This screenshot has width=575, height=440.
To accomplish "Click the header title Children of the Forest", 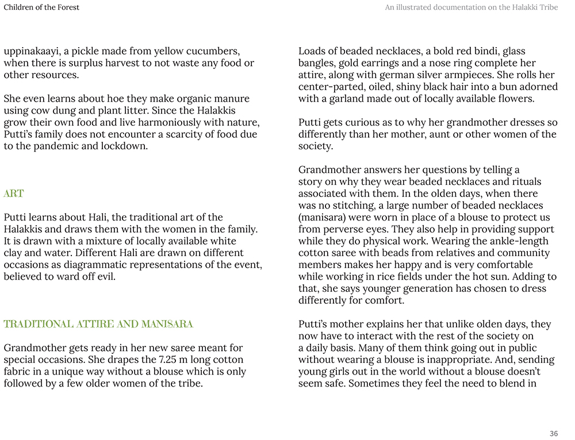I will pos(41,7).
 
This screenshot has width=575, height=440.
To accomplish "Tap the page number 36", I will pos(554,434).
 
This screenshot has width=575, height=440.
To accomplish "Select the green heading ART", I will pos(14,194).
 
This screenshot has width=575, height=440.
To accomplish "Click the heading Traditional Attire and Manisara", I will pos(98,324).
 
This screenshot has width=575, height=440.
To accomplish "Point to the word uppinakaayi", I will pos(32,51).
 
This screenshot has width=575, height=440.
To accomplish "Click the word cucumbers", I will pos(214,51).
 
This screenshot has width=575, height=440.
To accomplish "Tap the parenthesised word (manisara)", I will pos(324,218).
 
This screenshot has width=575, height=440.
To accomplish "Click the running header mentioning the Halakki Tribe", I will pos(471,7).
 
